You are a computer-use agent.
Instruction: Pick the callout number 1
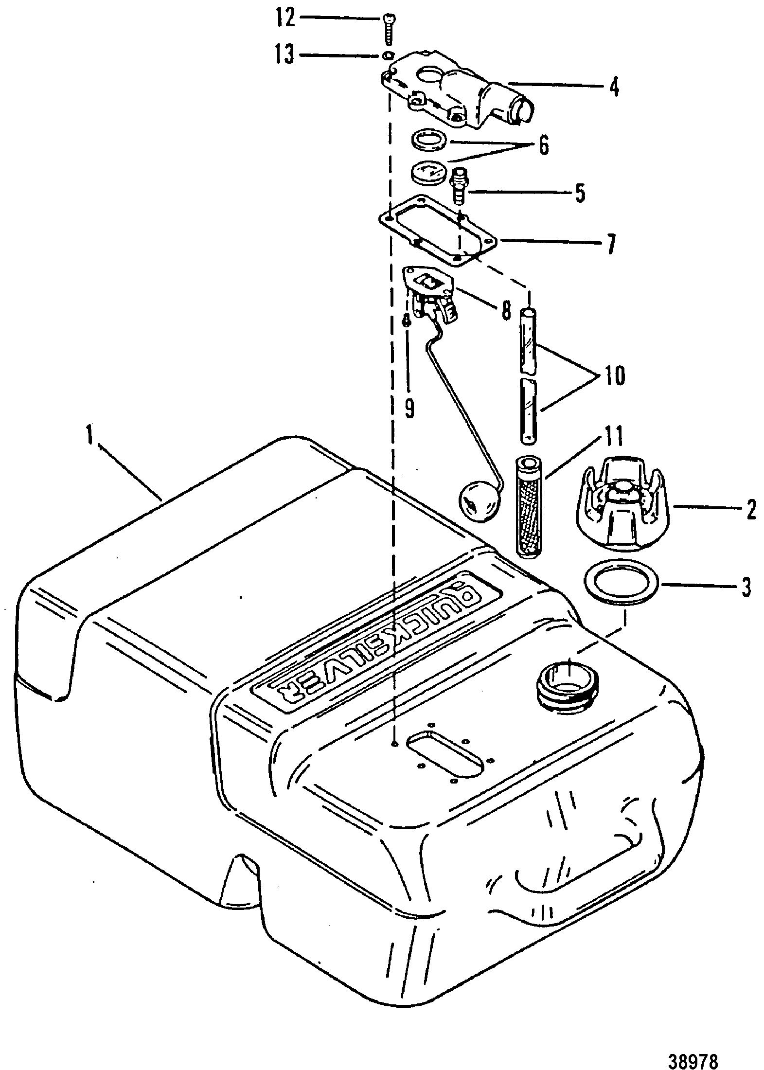(89, 436)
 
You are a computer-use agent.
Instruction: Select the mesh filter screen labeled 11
(530, 506)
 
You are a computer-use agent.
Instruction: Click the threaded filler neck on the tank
(568, 683)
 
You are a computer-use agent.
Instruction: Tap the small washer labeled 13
(387, 55)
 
